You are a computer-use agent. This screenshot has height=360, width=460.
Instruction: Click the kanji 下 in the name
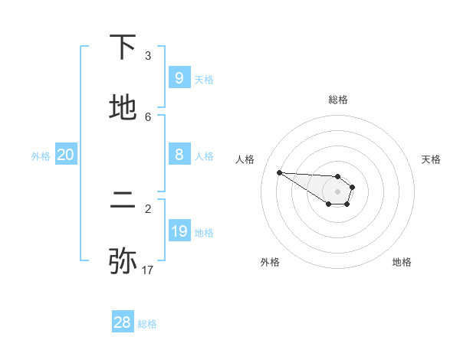123,48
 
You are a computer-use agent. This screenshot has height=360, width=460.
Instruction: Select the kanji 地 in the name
123,109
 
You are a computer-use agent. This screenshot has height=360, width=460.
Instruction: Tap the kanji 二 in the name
123,201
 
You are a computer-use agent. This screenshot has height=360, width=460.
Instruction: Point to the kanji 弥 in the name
123,261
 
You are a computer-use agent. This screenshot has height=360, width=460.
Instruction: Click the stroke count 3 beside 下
148,56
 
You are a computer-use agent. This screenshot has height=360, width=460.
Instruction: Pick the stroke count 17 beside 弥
148,270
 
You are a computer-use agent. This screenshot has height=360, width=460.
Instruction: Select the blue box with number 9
179,78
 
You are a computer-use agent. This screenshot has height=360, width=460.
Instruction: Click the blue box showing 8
179,155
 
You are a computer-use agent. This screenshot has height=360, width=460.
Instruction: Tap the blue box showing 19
179,231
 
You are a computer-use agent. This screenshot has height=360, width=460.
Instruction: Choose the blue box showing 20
65,155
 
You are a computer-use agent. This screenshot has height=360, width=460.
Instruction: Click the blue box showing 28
122,322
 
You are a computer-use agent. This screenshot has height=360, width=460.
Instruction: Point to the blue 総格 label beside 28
147,324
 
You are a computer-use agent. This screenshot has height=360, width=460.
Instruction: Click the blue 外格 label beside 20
41,155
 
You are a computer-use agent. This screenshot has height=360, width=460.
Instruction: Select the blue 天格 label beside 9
204,79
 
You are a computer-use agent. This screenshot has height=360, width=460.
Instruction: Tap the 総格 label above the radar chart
338,100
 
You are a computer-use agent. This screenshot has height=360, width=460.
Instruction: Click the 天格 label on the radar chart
431,159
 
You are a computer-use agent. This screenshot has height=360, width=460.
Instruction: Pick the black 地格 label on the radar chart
402,262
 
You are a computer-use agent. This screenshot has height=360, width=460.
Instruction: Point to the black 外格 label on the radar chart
270,262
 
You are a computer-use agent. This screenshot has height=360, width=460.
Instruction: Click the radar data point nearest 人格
279,172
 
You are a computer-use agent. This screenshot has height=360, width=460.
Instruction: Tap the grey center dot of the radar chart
337,191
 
